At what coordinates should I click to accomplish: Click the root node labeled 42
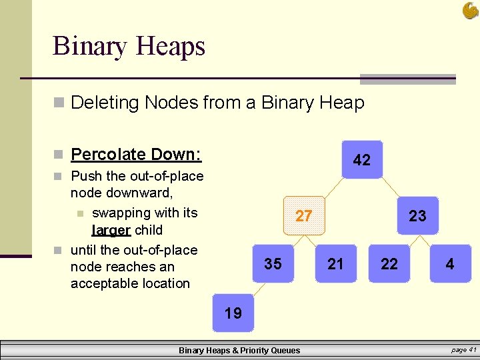[362, 160]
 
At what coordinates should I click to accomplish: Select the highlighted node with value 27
[304, 216]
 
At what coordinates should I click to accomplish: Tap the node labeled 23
[417, 216]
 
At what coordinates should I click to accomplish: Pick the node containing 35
[273, 264]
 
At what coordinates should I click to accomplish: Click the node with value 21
[336, 264]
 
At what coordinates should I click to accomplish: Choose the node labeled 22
[389, 264]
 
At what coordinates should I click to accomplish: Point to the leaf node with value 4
[450, 264]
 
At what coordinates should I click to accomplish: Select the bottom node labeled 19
[233, 313]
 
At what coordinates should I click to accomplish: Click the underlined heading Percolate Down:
[136, 155]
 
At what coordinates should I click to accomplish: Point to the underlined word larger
[111, 230]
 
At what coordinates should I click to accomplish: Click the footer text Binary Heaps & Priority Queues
[239, 350]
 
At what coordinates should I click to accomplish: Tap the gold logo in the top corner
[470, 11]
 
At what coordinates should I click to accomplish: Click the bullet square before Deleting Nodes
[59, 103]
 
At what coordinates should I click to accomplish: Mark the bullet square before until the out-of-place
[59, 251]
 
